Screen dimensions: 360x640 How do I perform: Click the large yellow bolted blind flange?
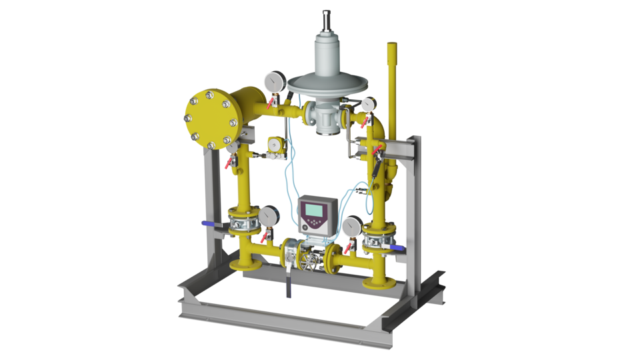(209, 120)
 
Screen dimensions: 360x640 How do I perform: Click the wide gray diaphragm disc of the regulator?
(327, 84)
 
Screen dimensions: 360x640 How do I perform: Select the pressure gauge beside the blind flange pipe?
(271, 81)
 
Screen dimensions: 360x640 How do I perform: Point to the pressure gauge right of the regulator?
(367, 104)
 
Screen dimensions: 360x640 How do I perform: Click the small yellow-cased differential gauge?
(273, 143)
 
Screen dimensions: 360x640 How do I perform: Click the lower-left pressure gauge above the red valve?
(268, 216)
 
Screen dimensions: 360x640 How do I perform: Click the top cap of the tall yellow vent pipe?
(392, 46)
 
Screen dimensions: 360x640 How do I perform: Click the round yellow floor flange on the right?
(379, 283)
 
